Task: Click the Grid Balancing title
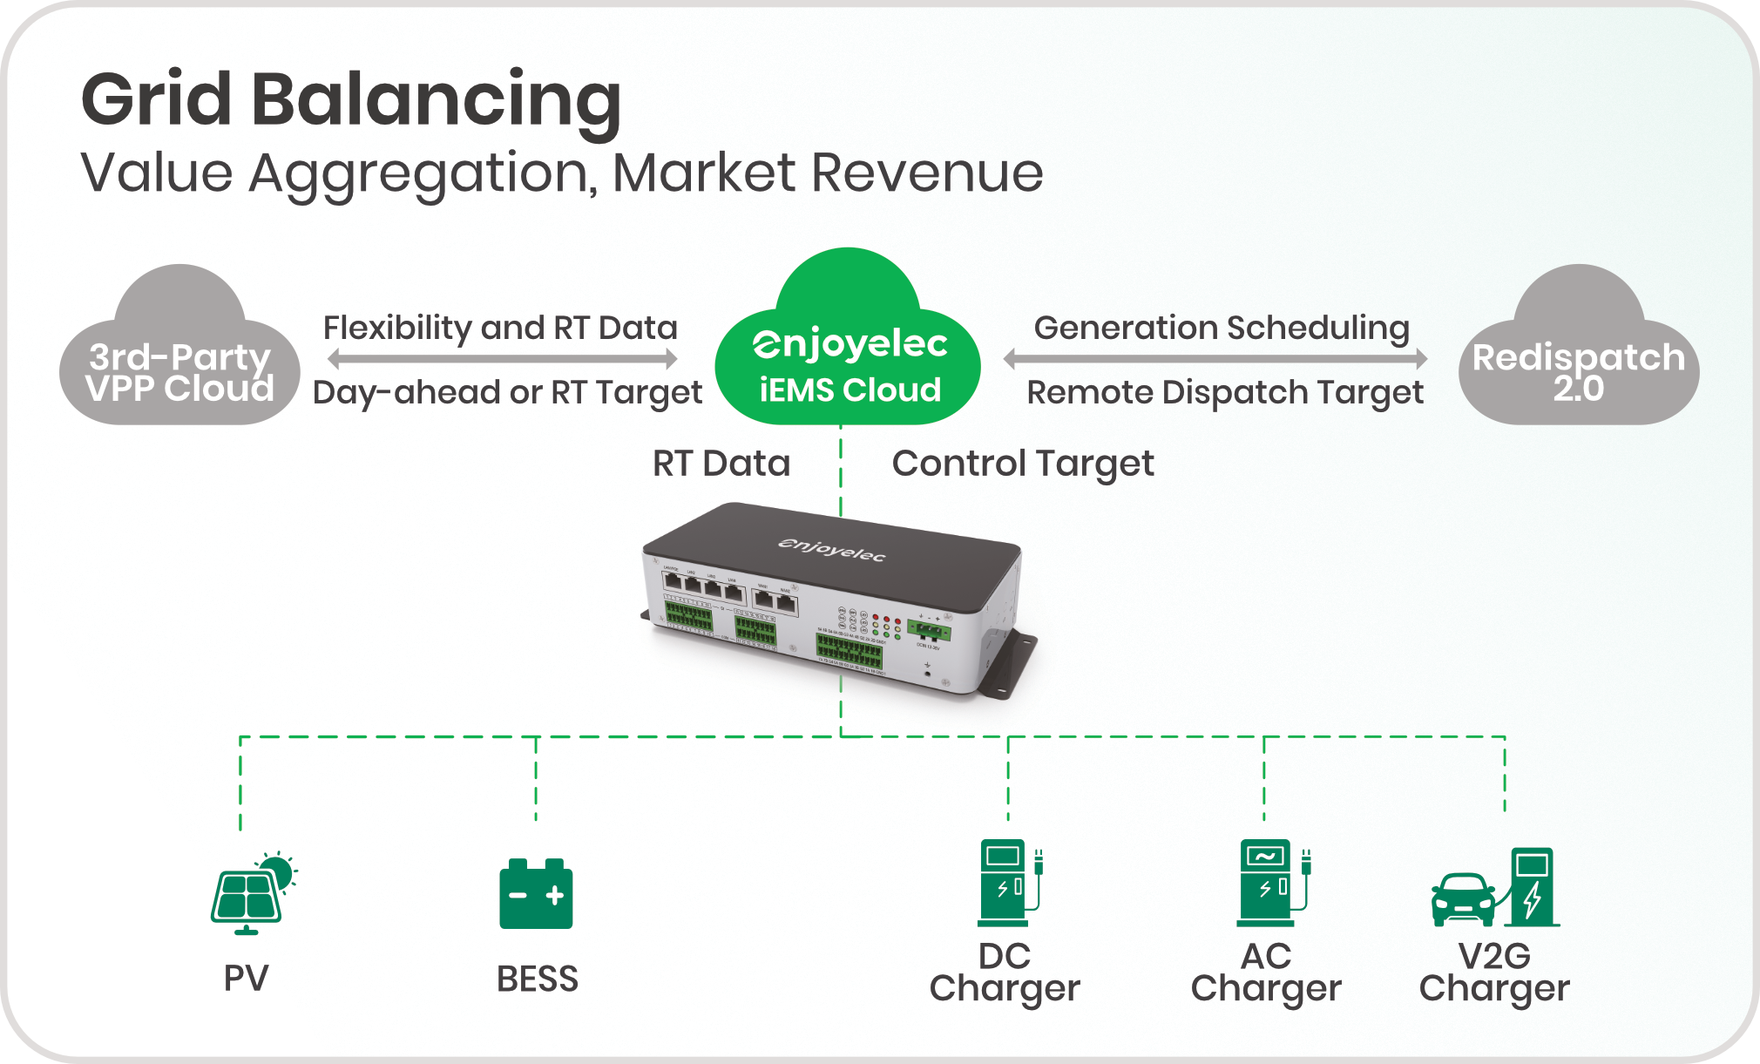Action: (x=350, y=100)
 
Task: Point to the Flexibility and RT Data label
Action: (x=500, y=328)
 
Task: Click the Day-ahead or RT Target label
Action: (x=507, y=392)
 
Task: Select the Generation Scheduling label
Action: (x=1222, y=328)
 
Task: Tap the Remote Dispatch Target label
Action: (x=1225, y=392)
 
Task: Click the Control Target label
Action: (x=1023, y=464)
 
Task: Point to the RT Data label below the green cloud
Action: (x=721, y=464)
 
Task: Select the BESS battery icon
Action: (x=536, y=894)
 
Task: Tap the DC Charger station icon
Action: (x=1008, y=882)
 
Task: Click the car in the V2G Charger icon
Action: (x=1463, y=899)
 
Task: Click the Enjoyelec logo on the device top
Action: (x=831, y=549)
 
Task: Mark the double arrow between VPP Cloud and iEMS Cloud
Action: (x=502, y=358)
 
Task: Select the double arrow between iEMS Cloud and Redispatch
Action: (x=1215, y=358)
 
